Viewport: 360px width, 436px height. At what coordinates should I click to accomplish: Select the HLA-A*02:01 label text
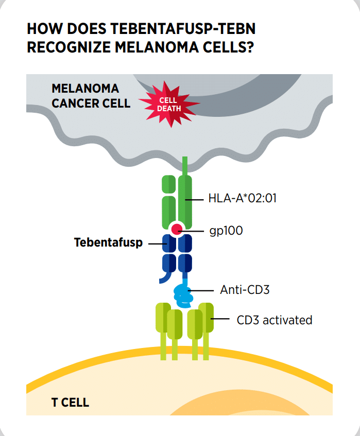click(x=242, y=198)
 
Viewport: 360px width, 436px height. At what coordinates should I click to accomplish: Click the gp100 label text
click(x=225, y=231)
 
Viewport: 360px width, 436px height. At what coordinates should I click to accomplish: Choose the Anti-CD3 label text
click(x=245, y=289)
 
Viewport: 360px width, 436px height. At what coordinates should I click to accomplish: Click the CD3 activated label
click(x=274, y=320)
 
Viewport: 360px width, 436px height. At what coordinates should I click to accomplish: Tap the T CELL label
click(x=70, y=402)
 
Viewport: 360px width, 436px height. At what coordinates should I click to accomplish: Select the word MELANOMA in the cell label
click(x=84, y=88)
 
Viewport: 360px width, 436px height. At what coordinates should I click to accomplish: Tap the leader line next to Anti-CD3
click(x=202, y=290)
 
